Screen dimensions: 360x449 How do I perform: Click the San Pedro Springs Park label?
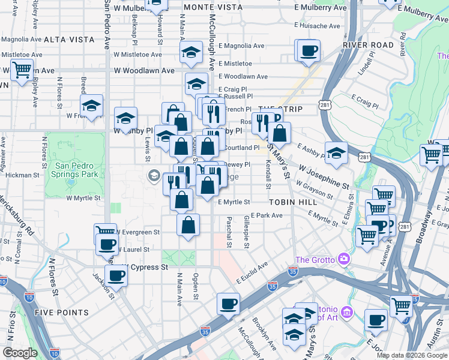pos(76,170)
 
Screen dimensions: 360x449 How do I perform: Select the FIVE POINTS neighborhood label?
pos(62,313)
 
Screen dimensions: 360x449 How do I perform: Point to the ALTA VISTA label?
pos(70,39)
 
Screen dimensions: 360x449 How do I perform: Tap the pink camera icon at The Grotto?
pos(345,259)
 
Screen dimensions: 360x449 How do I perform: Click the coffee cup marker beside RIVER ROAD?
pos(309,51)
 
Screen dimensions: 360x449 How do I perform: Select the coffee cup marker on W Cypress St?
pos(116,276)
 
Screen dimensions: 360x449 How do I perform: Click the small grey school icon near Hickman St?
pos(154,175)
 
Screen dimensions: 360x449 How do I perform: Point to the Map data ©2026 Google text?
pos(411,355)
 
